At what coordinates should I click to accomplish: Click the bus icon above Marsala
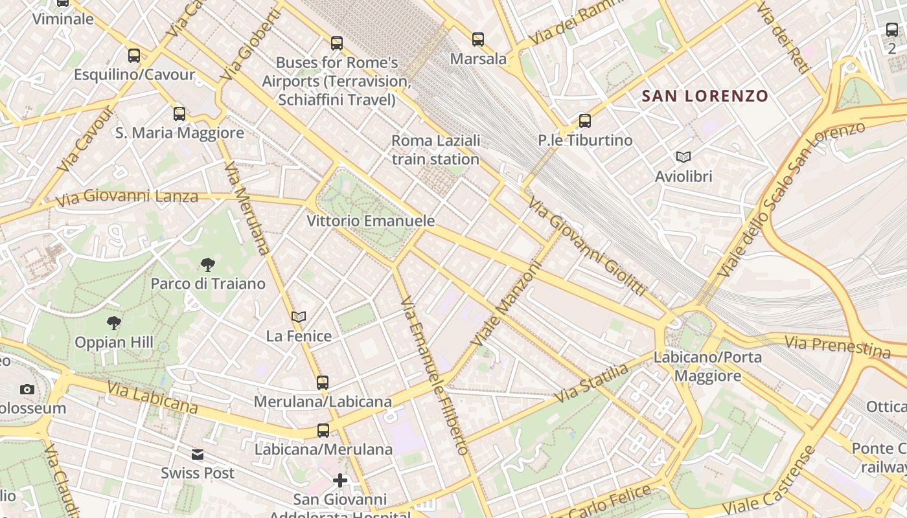pos(478,39)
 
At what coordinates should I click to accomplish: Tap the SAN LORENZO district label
pos(704,96)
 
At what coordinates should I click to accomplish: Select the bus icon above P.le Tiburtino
pos(585,121)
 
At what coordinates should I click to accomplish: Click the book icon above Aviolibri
pos(683,157)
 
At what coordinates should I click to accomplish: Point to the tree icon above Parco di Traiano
pos(208,264)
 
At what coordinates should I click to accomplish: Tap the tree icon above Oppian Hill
pos(114,322)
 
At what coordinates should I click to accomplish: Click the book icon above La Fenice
pos(299,317)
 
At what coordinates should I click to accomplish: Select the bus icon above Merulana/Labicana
pos(323,382)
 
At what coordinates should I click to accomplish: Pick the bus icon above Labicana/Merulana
pos(323,430)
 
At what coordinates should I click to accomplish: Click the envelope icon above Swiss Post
pos(198,455)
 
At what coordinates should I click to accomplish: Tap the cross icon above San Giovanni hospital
pos(340,480)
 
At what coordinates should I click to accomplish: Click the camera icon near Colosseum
pos(27,389)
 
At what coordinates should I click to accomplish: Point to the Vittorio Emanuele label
pos(371,221)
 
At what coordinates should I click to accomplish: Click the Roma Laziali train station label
pos(435,150)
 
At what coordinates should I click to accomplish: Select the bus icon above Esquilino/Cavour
pos(134,56)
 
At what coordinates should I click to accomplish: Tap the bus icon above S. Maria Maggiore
pos(179,114)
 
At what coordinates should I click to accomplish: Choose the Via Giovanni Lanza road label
pos(127,196)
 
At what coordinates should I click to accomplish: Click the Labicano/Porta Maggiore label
pos(707,366)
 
